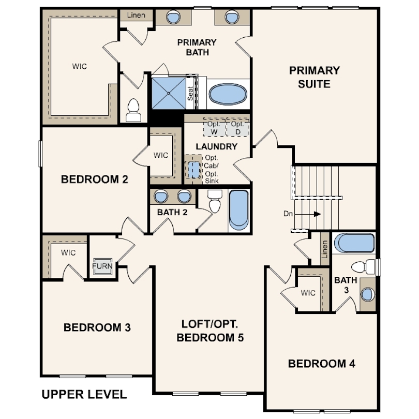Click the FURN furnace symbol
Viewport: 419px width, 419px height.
point(102,266)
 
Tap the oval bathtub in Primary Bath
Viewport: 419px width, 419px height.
point(228,94)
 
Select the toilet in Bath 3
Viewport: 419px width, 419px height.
point(363,266)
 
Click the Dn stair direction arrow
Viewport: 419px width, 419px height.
point(308,214)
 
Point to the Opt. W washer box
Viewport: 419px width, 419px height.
point(214,128)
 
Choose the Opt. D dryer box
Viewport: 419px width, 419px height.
point(237,128)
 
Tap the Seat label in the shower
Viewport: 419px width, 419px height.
point(190,93)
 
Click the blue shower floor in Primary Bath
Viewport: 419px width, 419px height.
point(169,93)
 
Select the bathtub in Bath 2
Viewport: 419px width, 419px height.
point(238,210)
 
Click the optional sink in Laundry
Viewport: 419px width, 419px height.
point(194,170)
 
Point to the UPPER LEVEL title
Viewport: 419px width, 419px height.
point(84,394)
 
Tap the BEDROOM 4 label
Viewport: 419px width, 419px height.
point(322,364)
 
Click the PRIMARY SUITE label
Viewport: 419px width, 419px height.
point(315,77)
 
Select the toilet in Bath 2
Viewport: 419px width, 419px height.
point(215,201)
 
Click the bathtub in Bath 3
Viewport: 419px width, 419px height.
point(356,243)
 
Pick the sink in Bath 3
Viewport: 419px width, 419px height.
point(367,294)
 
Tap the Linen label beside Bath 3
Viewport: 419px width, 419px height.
point(324,249)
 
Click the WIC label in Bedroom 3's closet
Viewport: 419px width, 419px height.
point(68,252)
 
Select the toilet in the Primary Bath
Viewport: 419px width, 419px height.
point(133,110)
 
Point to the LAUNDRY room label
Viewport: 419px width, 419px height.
point(216,146)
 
